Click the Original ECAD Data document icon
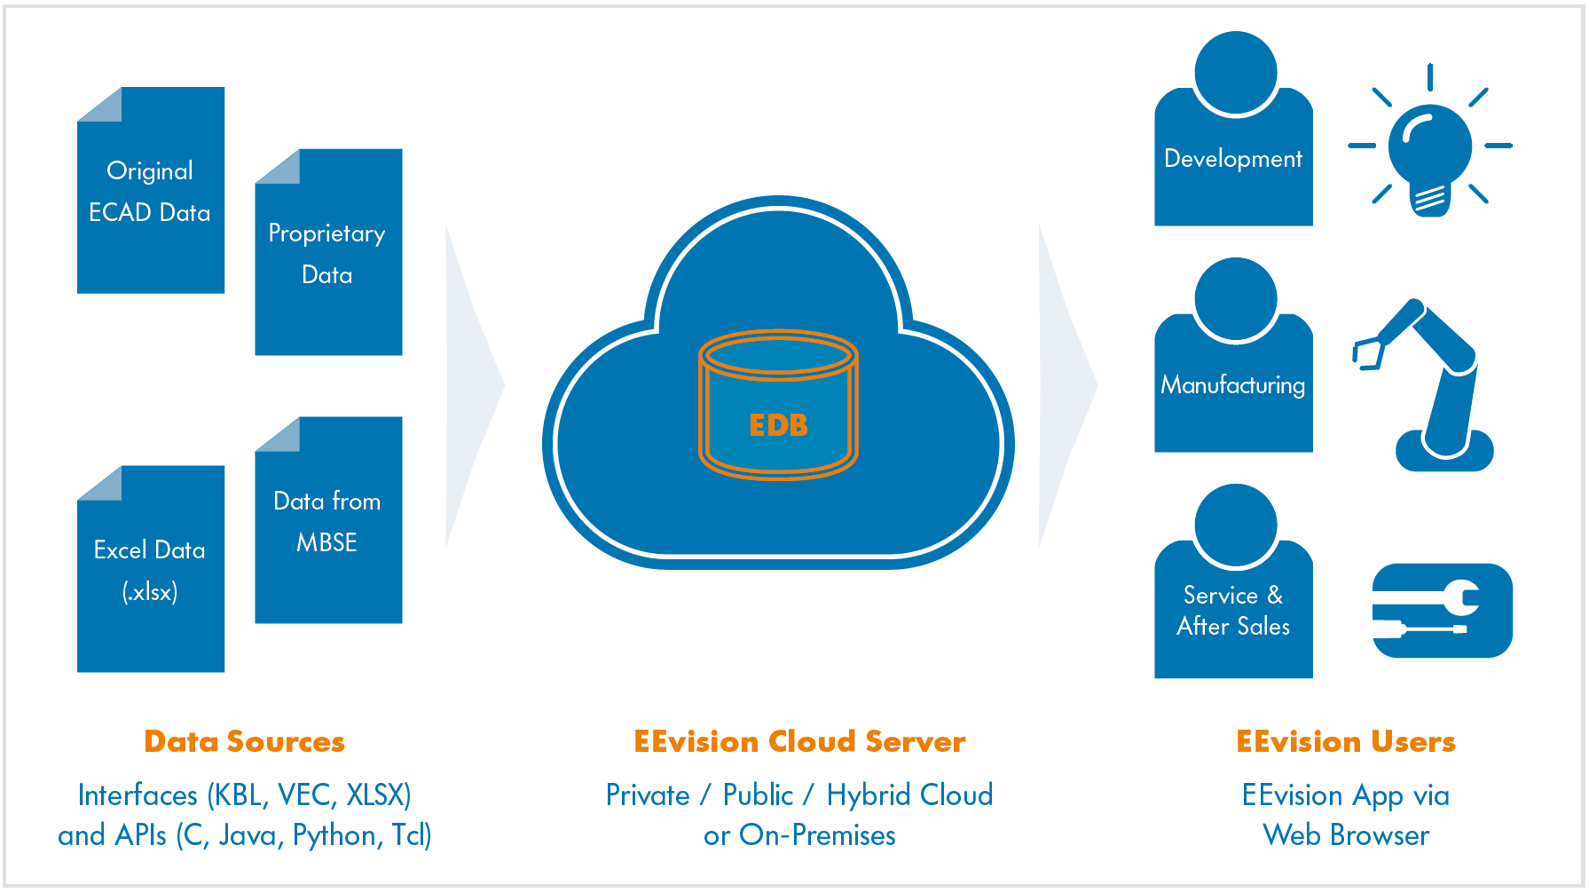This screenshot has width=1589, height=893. [x=151, y=191]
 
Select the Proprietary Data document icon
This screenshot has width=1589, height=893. [x=328, y=253]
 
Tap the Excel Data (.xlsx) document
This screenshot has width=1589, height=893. [x=151, y=569]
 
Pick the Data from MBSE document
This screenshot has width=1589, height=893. [x=328, y=520]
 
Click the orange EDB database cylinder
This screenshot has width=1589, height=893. [x=778, y=406]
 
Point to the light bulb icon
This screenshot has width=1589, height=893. [x=1429, y=146]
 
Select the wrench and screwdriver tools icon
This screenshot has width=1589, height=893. [x=1442, y=611]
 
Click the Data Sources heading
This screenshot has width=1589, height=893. [x=244, y=741]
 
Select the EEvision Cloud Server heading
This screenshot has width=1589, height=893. [x=799, y=741]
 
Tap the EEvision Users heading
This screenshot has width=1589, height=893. [x=1346, y=741]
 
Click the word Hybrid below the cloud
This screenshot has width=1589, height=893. [x=864, y=795]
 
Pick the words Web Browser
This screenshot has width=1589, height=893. [x=1346, y=835]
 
